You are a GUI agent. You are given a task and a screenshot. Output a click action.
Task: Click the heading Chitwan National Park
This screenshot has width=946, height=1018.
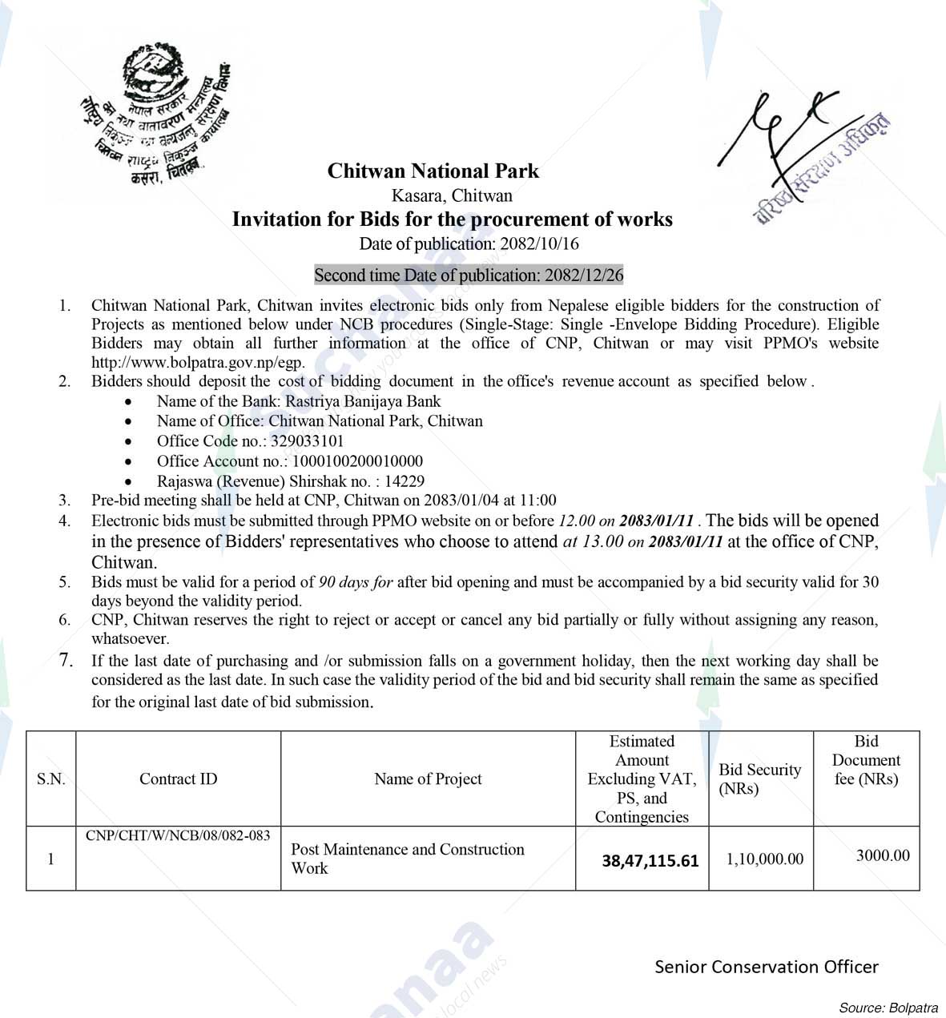[433, 171]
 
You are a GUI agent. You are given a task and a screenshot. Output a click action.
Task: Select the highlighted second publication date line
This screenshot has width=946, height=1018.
[468, 276]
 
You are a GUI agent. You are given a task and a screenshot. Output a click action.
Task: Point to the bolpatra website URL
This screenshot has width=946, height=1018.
[198, 362]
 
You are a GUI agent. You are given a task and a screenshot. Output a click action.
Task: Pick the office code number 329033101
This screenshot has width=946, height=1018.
[308, 441]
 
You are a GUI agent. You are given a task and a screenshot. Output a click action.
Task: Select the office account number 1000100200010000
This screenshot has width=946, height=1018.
[357, 461]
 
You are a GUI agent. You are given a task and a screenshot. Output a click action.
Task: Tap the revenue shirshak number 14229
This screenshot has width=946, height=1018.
[405, 481]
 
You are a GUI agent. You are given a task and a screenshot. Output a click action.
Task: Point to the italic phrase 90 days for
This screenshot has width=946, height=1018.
[356, 582]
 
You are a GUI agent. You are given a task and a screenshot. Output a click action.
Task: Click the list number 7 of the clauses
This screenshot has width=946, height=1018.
[66, 661]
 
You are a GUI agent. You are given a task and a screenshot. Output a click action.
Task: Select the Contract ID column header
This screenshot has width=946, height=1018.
[178, 779]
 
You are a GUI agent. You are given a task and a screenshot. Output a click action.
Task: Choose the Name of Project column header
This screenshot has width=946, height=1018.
[428, 779]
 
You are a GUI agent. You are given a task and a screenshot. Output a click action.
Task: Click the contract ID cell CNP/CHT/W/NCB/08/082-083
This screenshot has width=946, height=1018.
[178, 835]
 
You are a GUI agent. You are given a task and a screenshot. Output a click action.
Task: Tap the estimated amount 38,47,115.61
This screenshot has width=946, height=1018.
[650, 861]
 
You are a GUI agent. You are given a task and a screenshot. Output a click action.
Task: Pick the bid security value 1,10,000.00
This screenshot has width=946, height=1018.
[764, 859]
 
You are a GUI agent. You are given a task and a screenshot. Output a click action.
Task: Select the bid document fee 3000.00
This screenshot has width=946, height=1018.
[882, 855]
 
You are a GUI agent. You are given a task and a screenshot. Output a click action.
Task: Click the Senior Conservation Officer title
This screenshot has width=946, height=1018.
[766, 967]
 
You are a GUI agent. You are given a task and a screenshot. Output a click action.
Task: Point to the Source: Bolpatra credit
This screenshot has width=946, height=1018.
[888, 1008]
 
